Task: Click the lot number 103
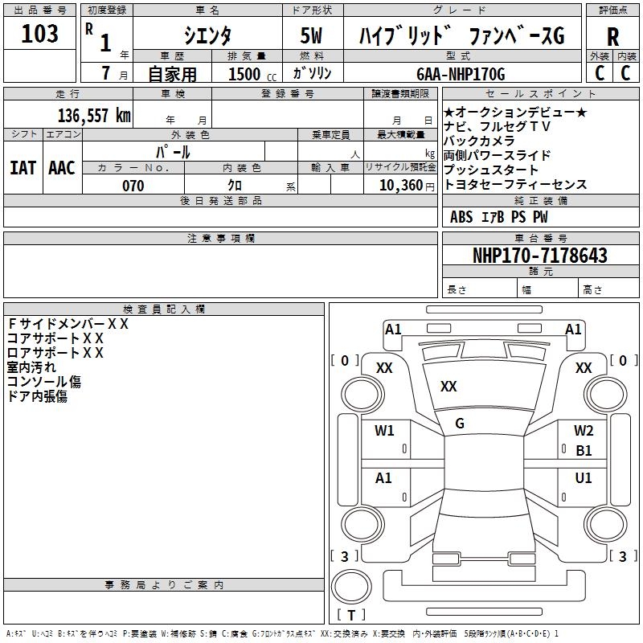pos(40,34)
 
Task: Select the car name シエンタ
pos(207,37)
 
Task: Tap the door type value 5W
pos(312,37)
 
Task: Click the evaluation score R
pos(612,37)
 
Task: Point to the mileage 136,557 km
pos(94,115)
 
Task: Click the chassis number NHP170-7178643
pos(540,256)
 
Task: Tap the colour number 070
pos(133,186)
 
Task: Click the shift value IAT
pos(23,168)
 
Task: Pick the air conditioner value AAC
pos(61,168)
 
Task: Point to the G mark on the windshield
pos(460,424)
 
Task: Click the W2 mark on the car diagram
pos(584,431)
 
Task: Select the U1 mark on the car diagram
pos(584,478)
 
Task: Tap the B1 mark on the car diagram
pos(584,451)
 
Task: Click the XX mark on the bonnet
pos(448,387)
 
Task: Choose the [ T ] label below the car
pos(351,616)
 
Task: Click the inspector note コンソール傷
pos(44,382)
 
